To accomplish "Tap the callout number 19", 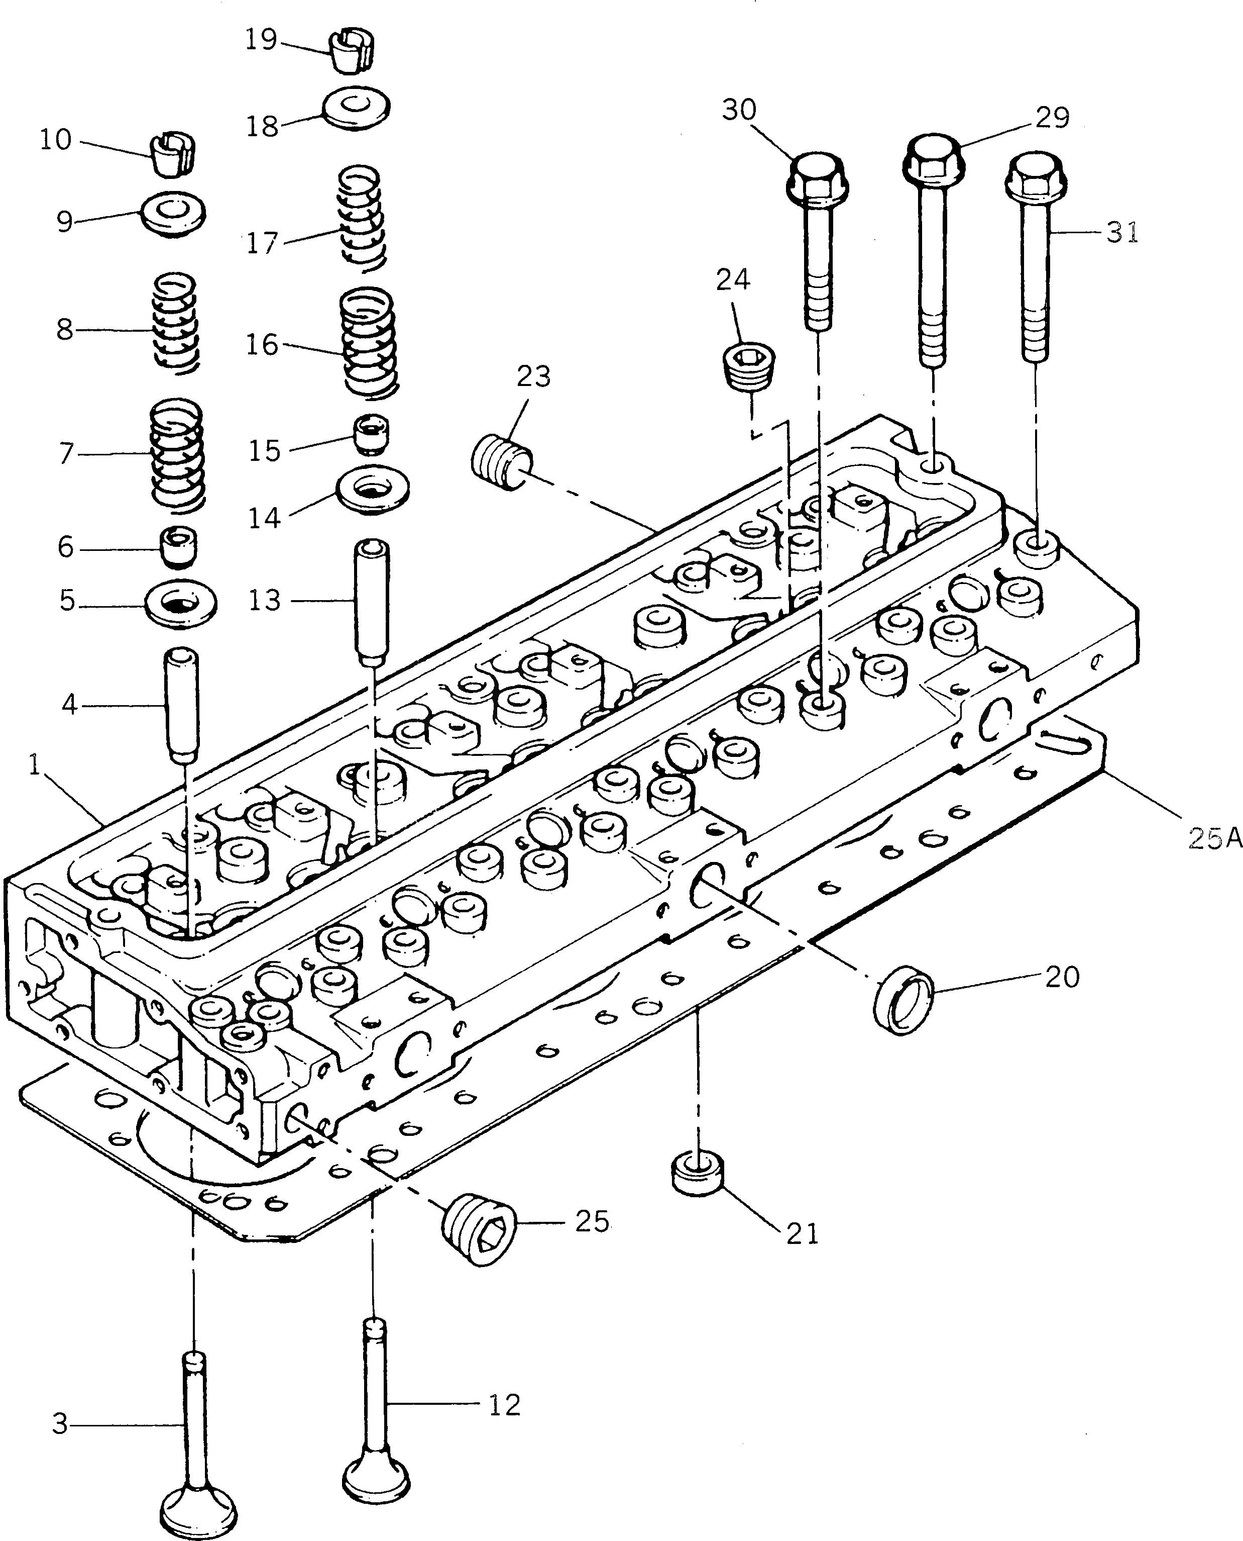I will (x=261, y=40).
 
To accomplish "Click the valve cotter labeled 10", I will (x=175, y=154).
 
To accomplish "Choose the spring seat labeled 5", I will (x=180, y=605).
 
